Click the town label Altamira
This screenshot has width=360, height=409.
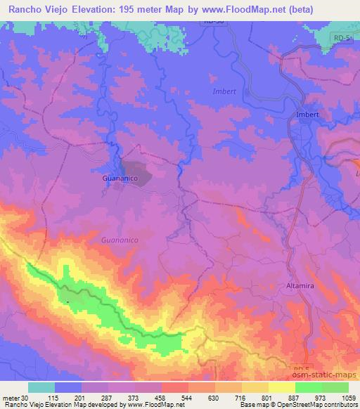(x=304, y=287)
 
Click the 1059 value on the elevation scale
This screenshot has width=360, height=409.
(x=347, y=398)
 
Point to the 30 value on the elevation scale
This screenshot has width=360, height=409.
(x=26, y=398)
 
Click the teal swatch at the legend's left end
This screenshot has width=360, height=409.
(x=41, y=387)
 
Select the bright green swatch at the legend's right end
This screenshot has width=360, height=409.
(x=336, y=387)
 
